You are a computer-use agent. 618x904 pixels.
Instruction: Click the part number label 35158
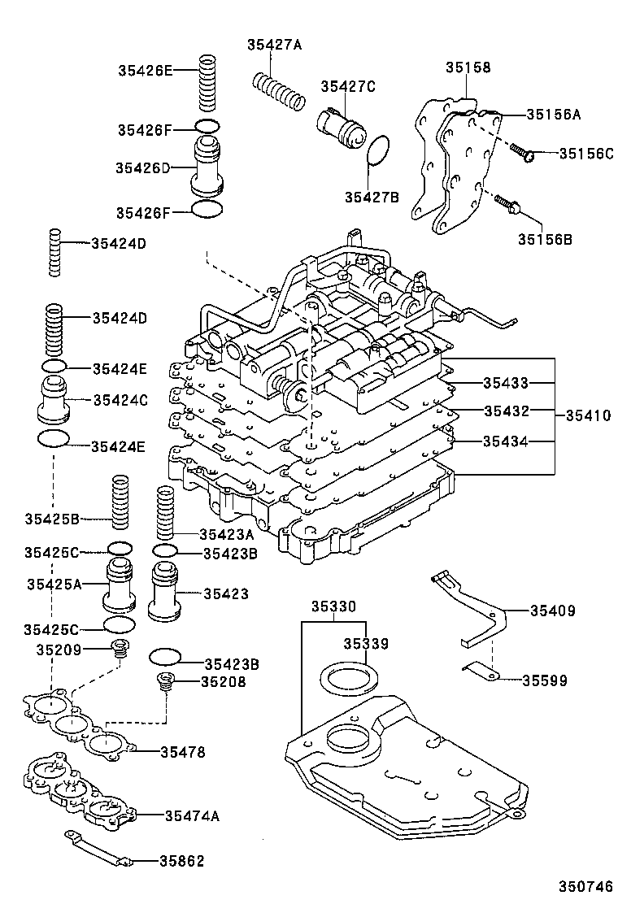click(468, 67)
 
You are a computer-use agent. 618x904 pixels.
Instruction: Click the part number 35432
click(506, 411)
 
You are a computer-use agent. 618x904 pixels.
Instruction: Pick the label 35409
click(552, 611)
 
